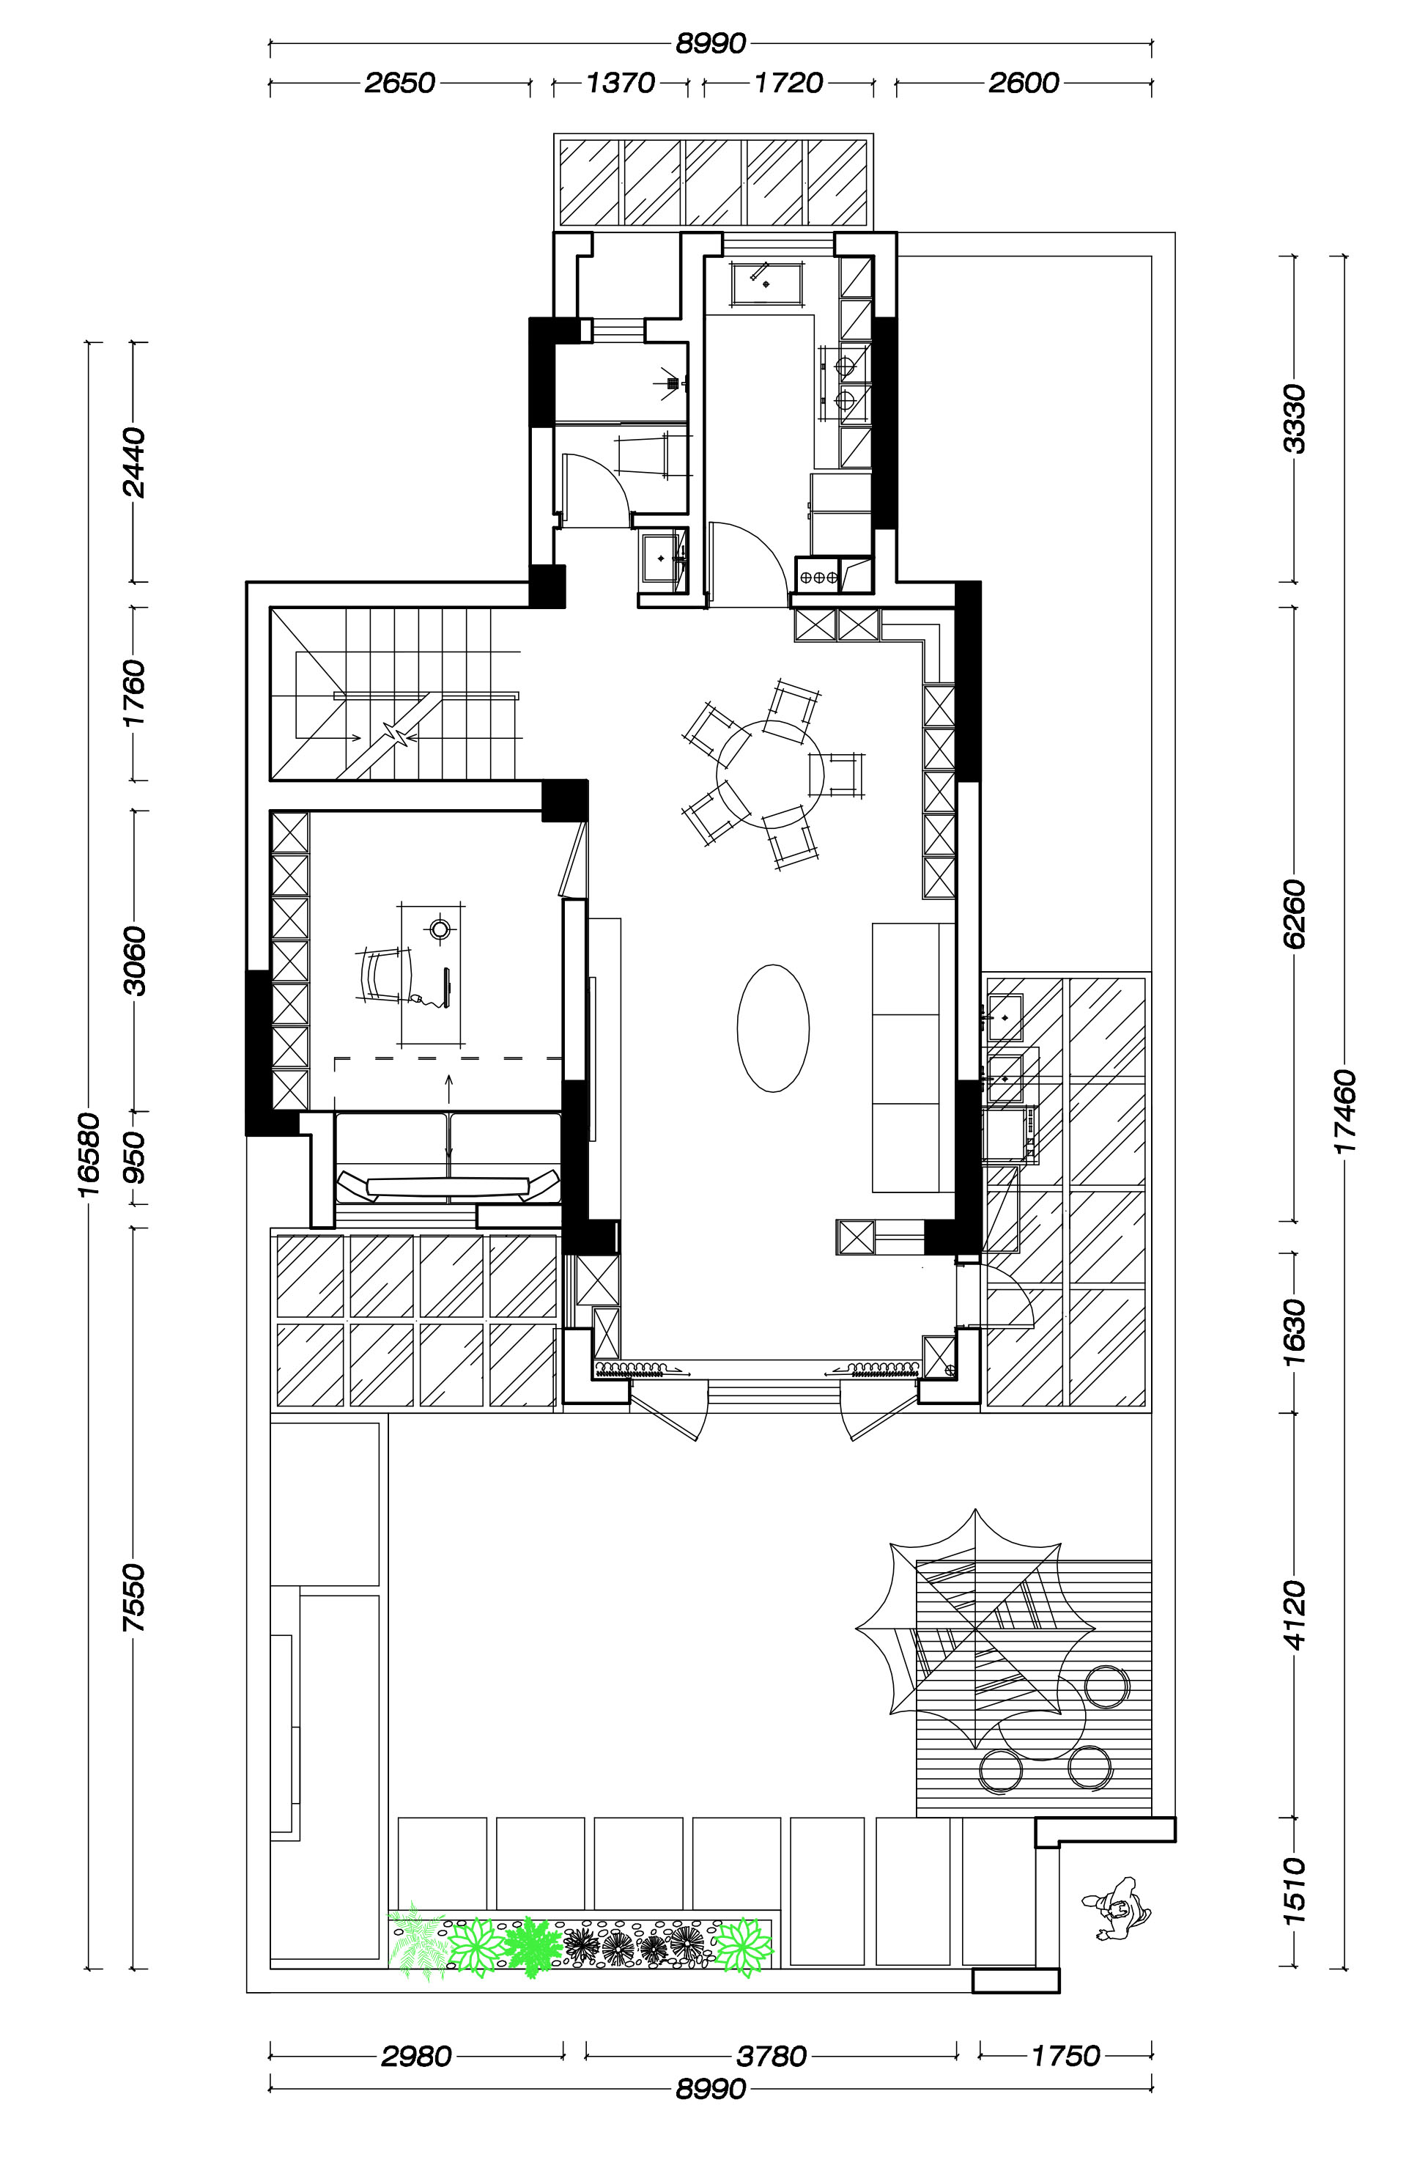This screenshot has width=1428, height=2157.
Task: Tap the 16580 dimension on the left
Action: (89, 1157)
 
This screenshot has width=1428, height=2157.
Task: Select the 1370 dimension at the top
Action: (620, 84)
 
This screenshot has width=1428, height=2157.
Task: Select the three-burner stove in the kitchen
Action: (818, 577)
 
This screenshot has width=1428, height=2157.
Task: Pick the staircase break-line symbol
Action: (398, 732)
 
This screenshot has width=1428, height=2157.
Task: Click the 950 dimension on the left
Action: (135, 1157)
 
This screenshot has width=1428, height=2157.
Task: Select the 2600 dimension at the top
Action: (1024, 84)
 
